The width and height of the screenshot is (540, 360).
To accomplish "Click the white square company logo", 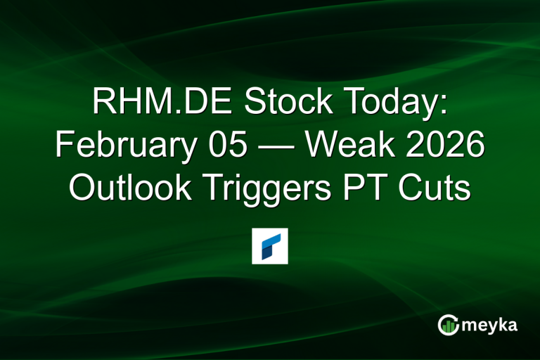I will click(270, 245).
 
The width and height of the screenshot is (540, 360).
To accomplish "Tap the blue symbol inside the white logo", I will click(270, 245).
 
